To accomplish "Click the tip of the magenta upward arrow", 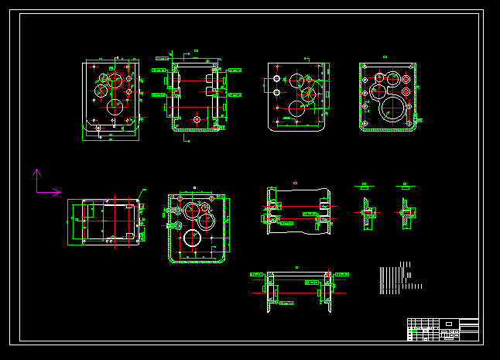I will (36, 170).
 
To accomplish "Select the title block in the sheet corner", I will (443, 329).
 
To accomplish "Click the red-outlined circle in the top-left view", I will (115, 79).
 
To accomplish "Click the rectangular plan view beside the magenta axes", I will (104, 223).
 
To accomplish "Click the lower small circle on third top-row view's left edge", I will (276, 93).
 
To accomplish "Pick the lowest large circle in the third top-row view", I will (297, 108).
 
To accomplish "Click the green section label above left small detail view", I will (365, 186).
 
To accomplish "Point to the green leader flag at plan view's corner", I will (142, 190).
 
